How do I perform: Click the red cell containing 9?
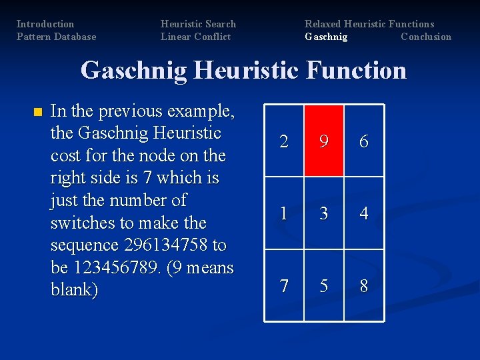(324, 141)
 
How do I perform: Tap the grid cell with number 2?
(285, 141)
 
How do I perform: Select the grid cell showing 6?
(363, 141)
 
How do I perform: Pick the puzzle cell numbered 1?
(285, 213)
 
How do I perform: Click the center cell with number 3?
(324, 213)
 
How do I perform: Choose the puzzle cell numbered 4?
(363, 213)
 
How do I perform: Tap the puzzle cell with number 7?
(285, 285)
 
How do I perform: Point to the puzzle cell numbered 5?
(324, 285)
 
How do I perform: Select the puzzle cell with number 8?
(363, 285)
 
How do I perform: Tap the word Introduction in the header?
(45, 24)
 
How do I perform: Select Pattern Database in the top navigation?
(56, 37)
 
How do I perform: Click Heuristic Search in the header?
(198, 24)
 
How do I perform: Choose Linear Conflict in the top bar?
(195, 37)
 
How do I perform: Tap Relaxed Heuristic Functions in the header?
(369, 24)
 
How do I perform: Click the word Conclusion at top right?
(425, 37)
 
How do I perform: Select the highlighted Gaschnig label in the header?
(326, 37)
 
